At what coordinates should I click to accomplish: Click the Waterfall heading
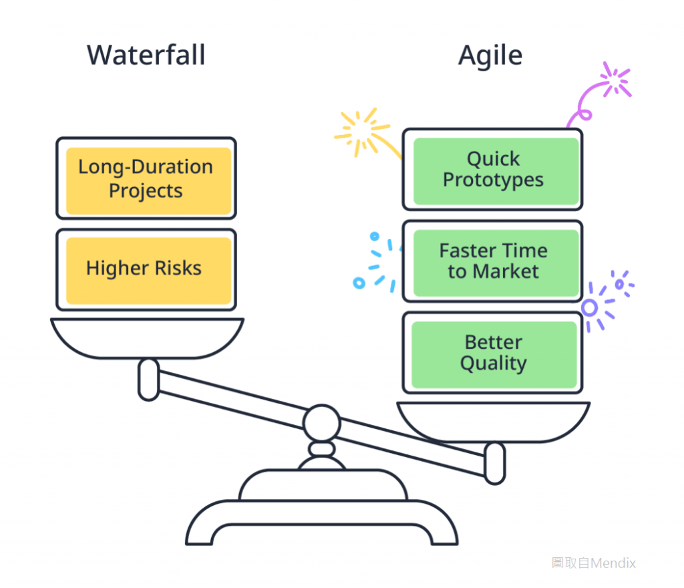coord(146,55)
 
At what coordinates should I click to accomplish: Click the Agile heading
coord(490,55)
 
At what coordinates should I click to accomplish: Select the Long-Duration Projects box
coord(146,178)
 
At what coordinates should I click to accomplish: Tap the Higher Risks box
coord(146,269)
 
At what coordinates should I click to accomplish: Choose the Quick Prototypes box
coord(493,170)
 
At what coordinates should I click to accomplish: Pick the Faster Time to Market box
coord(493,261)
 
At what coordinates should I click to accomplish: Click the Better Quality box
coord(493,353)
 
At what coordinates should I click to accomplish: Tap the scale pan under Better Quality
coord(493,421)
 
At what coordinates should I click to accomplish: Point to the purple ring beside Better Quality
coord(589,307)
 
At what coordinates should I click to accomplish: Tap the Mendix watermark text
coord(593,563)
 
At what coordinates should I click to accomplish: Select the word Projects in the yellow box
coord(146,191)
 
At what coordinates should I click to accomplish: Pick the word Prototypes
coord(493,180)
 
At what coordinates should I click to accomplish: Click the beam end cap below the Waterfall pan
coord(148,380)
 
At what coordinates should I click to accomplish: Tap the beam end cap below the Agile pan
coord(495,463)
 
